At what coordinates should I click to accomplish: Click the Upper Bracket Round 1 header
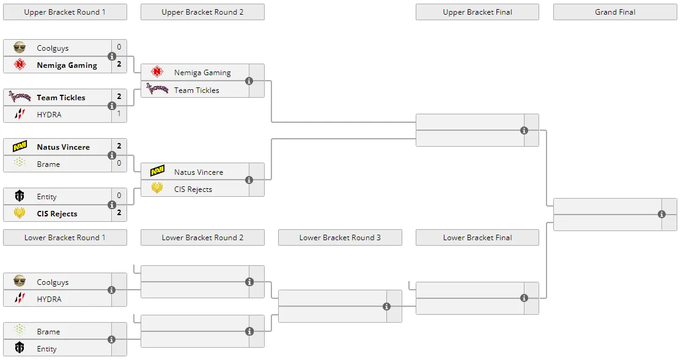(65, 12)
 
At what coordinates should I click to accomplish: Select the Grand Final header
(615, 12)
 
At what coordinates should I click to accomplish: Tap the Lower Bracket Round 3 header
(340, 238)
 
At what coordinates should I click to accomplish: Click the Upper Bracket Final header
(477, 12)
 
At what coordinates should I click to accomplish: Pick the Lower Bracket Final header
(477, 238)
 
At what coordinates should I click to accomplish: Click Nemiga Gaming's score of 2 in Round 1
(119, 64)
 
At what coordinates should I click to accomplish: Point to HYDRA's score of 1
(119, 114)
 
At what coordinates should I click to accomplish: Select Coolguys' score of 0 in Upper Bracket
(119, 47)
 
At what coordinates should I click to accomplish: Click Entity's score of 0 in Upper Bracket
(119, 196)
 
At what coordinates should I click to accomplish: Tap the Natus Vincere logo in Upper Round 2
(157, 171)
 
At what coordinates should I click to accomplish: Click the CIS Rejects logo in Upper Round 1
(20, 213)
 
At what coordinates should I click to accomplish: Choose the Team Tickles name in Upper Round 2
(197, 90)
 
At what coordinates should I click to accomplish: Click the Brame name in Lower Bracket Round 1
(48, 332)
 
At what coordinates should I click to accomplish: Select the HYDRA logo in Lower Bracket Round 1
(20, 298)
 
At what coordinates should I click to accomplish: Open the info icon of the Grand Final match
(661, 214)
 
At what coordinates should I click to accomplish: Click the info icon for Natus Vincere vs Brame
(112, 155)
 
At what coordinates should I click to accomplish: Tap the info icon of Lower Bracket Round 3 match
(386, 307)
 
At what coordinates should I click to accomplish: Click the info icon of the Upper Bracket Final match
(525, 130)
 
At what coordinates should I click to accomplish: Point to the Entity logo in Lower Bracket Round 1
(20, 347)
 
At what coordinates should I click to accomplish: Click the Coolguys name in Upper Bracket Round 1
(53, 48)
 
